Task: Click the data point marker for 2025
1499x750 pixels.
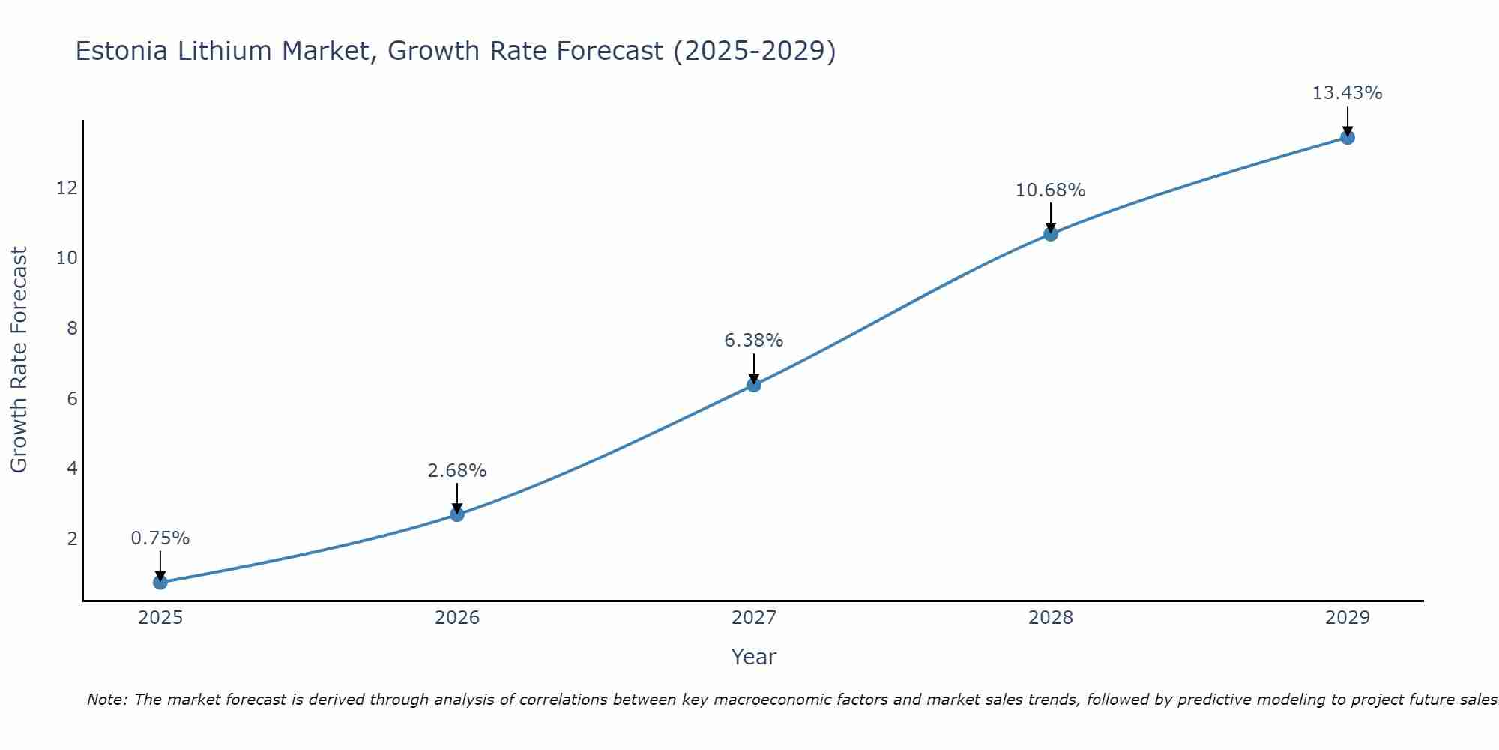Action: pyautogui.click(x=160, y=582)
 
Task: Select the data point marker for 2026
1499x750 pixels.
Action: pyautogui.click(x=457, y=514)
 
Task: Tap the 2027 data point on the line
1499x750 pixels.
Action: pyautogui.click(x=754, y=385)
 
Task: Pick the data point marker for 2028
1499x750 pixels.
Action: pyautogui.click(x=1051, y=234)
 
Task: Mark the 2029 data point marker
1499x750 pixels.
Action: pyautogui.click(x=1348, y=137)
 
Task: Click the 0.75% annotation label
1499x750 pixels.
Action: pyautogui.click(x=160, y=538)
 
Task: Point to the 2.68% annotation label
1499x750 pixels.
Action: pyautogui.click(x=457, y=471)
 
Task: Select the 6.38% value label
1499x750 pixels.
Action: pyautogui.click(x=754, y=340)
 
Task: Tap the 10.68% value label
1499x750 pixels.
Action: pyautogui.click(x=1051, y=190)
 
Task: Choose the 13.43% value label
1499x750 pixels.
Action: pyautogui.click(x=1347, y=93)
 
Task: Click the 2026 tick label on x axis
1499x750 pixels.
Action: pyautogui.click(x=457, y=618)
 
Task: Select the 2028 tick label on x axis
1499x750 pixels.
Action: pyautogui.click(x=1051, y=618)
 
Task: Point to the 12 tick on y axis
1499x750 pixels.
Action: pyautogui.click(x=67, y=187)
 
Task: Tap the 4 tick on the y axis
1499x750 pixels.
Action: pyautogui.click(x=72, y=469)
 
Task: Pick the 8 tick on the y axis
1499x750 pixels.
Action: pyautogui.click(x=72, y=328)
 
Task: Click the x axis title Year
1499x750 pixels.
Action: pyautogui.click(x=754, y=657)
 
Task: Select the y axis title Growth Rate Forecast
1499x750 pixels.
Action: pyautogui.click(x=19, y=360)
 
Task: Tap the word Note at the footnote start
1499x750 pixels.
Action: pyautogui.click(x=107, y=700)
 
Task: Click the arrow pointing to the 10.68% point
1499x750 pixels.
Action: pyautogui.click(x=1051, y=217)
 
